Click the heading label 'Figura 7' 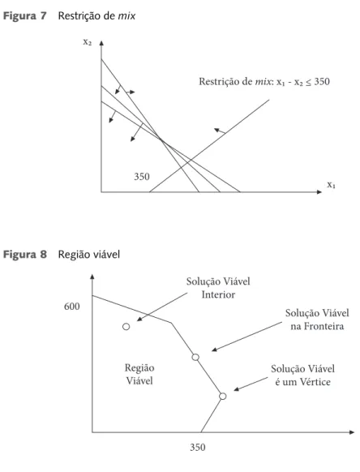tap(24, 16)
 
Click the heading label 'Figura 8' tap(25, 255)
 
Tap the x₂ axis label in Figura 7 tap(88, 42)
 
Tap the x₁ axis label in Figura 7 tap(332, 185)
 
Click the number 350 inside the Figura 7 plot tap(142, 177)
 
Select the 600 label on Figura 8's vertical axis tap(72, 307)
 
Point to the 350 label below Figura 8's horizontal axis tap(198, 448)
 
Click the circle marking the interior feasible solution tap(126, 327)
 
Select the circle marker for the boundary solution tap(195, 358)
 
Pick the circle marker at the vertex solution tap(223, 396)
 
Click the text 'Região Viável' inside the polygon tap(139, 374)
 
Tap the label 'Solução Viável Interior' tap(218, 288)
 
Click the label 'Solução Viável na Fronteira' tap(317, 320)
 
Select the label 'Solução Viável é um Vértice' tap(302, 375)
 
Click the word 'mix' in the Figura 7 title tap(126, 16)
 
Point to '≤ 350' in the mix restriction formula tap(318, 82)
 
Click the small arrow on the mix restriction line tap(220, 131)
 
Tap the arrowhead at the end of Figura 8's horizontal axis tap(352, 432)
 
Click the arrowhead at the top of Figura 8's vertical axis tap(92, 277)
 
